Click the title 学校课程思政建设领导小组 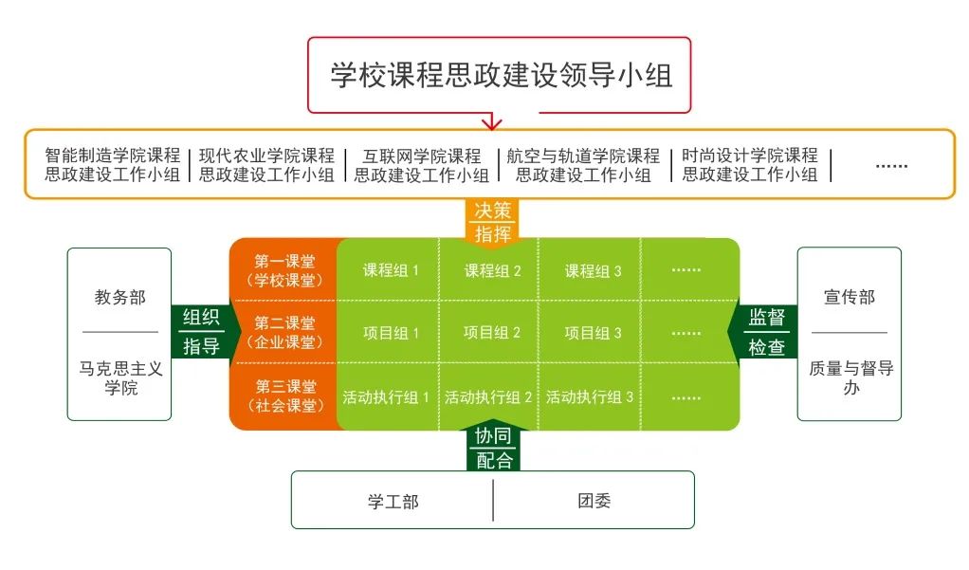pyautogui.click(x=502, y=76)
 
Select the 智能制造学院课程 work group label pyautogui.click(x=112, y=164)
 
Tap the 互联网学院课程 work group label pyautogui.click(x=422, y=165)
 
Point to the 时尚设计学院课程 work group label pyautogui.click(x=750, y=164)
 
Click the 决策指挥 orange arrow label pyautogui.click(x=492, y=222)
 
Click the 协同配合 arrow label pyautogui.click(x=493, y=448)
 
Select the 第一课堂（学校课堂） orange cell pyautogui.click(x=284, y=270)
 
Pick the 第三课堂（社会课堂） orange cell pyautogui.click(x=284, y=395)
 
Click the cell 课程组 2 pyautogui.click(x=492, y=271)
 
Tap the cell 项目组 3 pyautogui.click(x=593, y=333)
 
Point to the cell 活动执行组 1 pyautogui.click(x=386, y=396)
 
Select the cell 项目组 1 pyautogui.click(x=391, y=333)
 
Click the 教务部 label pyautogui.click(x=119, y=298)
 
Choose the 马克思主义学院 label pyautogui.click(x=120, y=378)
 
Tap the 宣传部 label pyautogui.click(x=850, y=298)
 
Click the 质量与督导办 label pyautogui.click(x=851, y=377)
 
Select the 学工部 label pyautogui.click(x=393, y=502)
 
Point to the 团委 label pyautogui.click(x=594, y=501)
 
